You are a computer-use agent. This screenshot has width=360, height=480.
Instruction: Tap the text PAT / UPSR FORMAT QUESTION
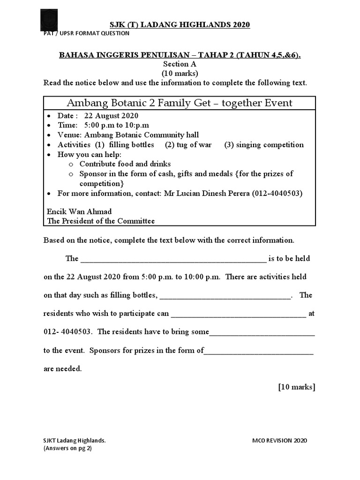click(x=86, y=33)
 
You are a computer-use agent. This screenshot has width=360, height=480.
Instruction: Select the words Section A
click(x=180, y=64)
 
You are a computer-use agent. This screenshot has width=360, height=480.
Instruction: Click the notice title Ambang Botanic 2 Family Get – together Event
click(x=180, y=103)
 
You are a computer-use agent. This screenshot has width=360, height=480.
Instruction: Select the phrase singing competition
click(x=264, y=145)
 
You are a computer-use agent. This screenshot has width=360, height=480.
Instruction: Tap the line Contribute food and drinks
click(x=125, y=164)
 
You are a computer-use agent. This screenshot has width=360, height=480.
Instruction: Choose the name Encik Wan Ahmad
click(x=80, y=211)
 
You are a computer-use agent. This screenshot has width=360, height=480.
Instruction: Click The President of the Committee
click(x=101, y=221)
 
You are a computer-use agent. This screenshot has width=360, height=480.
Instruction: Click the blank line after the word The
click(x=173, y=259)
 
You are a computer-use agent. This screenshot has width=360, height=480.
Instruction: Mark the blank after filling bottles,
click(x=225, y=296)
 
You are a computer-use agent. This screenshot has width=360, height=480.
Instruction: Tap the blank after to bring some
click(x=262, y=332)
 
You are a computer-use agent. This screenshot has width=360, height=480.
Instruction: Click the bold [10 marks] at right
click(x=296, y=387)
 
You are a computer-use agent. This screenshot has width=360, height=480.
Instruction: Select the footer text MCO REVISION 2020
click(x=279, y=441)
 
